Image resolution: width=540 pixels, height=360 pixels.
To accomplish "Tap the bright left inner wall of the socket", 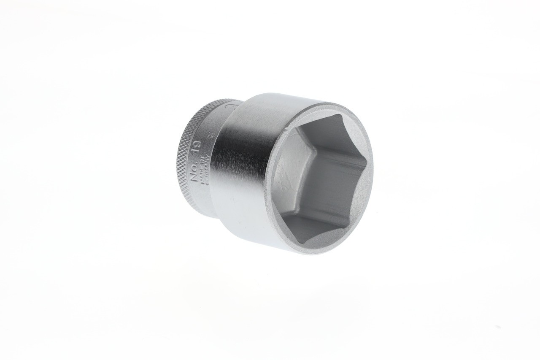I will (291, 186).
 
